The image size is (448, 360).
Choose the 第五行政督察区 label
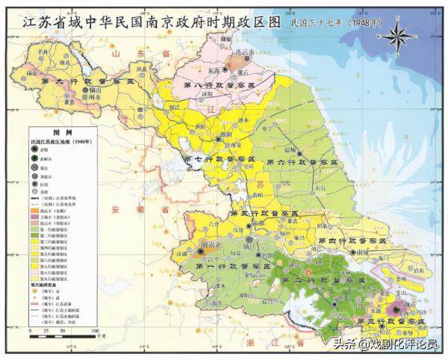pyautogui.click(x=264, y=214)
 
